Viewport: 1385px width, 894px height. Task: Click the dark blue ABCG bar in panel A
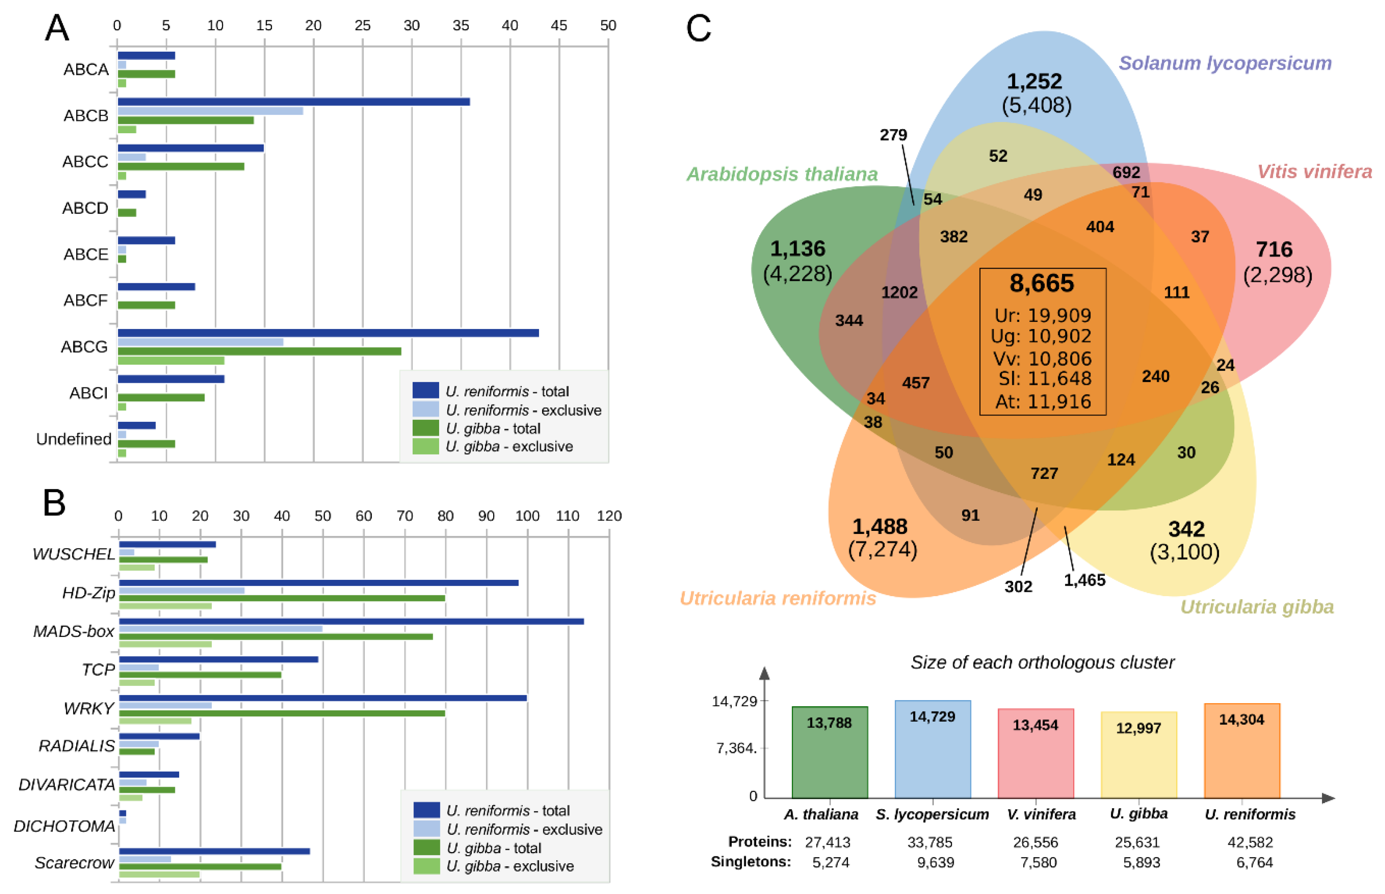coord(328,333)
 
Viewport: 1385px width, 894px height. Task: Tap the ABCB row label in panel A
coord(86,115)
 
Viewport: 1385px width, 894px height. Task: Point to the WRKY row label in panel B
coord(89,708)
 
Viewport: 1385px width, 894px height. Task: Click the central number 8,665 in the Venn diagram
coord(1042,283)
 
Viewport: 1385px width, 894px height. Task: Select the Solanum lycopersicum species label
coord(1225,63)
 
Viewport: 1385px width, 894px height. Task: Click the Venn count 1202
coord(900,292)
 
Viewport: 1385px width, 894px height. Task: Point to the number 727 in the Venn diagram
coord(1044,473)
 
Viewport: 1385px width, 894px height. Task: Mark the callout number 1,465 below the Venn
coord(1085,580)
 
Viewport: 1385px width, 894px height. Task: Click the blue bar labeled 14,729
coord(933,749)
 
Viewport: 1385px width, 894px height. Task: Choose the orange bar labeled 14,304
coord(1242,751)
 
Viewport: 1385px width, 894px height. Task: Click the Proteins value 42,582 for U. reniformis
coord(1250,842)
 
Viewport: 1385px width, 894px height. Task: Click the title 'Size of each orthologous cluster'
coord(1042,663)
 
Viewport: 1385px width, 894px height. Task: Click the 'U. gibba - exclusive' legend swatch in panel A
coord(426,447)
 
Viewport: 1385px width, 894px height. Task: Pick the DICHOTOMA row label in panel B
coord(65,826)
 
